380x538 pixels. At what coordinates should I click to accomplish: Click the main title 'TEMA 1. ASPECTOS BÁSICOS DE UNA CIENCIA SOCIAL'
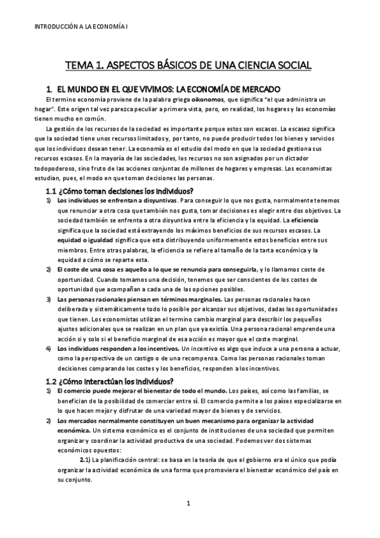click(x=190, y=65)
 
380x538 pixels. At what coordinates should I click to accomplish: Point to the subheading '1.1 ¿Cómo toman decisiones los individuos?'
click(x=120, y=192)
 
